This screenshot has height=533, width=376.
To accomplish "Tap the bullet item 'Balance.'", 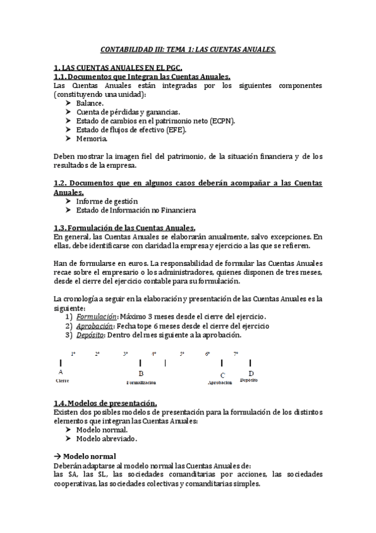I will (90, 102).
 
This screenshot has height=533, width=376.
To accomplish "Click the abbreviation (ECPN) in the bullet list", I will (222, 121).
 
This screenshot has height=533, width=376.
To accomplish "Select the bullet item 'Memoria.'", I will (91, 139).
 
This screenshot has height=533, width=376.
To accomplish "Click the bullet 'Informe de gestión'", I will (107, 201).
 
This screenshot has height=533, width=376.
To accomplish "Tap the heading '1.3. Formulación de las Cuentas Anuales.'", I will (125, 228).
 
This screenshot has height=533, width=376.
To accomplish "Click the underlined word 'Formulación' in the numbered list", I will (96, 317).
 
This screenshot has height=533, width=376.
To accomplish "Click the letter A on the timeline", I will (60, 372).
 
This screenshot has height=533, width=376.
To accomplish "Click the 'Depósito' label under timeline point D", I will (249, 380).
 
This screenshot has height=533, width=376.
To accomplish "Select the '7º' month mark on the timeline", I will (236, 354).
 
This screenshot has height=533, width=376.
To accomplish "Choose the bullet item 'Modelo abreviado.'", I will (106, 439).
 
